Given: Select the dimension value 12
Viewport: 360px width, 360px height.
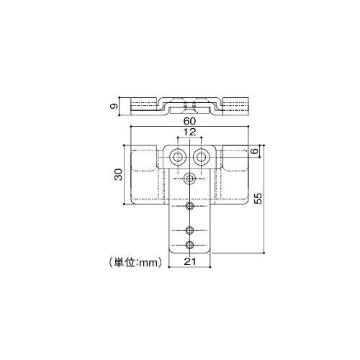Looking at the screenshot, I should coord(190,133).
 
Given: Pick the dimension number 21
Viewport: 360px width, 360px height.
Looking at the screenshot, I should coord(190,263).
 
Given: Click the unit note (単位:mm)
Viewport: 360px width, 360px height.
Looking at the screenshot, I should coord(134,263).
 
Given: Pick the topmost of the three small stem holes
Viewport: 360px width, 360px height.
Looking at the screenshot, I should coord(190,207).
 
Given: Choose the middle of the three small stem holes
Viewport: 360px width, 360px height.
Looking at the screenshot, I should coord(190,230).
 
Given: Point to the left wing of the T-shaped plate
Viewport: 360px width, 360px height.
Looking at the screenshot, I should coord(148,176).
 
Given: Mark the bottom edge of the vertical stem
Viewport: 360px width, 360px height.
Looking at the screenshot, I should coord(190,253).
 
